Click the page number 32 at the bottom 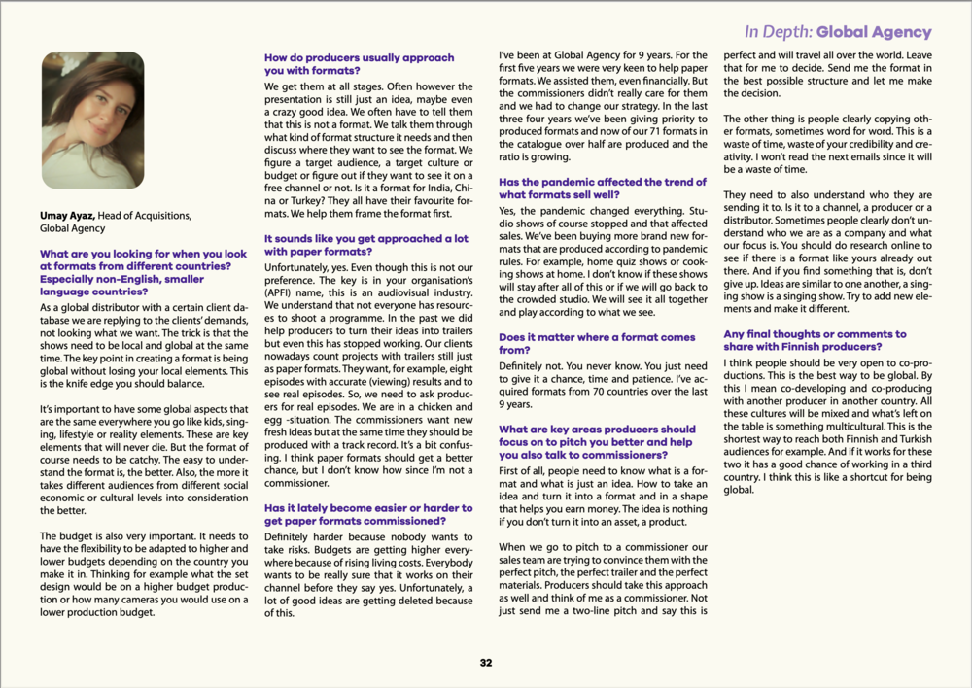tap(486, 663)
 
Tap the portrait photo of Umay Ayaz tap(93, 107)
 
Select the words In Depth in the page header tap(777, 32)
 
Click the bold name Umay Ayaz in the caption tap(67, 215)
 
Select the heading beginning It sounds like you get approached tap(365, 244)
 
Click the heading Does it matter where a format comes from tap(597, 343)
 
